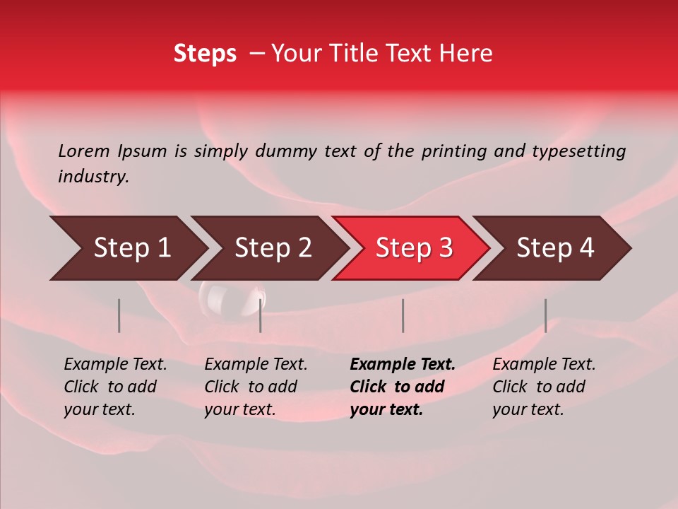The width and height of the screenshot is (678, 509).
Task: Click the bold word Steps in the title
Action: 205,54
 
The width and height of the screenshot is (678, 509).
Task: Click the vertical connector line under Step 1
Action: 119,315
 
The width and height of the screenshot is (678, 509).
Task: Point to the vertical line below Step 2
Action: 261,315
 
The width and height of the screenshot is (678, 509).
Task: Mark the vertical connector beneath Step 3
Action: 403,315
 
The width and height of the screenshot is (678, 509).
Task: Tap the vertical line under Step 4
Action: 546,315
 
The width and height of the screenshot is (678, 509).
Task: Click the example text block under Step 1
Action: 114,387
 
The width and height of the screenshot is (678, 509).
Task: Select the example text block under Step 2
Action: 255,387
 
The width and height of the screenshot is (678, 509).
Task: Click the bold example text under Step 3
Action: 402,387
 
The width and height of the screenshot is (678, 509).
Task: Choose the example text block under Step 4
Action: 543,387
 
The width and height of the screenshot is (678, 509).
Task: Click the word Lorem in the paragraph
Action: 84,151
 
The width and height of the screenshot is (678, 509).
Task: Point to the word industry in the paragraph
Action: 93,177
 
